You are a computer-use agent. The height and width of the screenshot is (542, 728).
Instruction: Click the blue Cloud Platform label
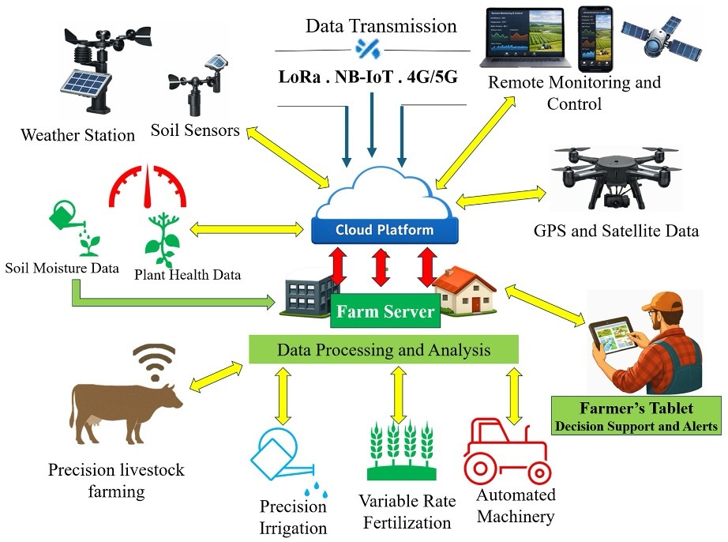click(385, 231)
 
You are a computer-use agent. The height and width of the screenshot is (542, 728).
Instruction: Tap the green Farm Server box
click(385, 311)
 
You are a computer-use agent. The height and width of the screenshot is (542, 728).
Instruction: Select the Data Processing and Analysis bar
click(384, 349)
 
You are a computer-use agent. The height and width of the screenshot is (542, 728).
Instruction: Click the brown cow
click(126, 412)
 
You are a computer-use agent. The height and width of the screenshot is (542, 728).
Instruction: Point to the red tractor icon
click(507, 452)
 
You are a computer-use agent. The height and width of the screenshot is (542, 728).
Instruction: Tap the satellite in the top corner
click(662, 40)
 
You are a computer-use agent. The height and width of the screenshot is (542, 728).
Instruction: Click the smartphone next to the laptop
click(595, 39)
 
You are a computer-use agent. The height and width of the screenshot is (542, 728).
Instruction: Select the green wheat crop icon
click(402, 450)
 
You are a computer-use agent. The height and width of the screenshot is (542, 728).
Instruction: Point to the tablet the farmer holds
click(612, 336)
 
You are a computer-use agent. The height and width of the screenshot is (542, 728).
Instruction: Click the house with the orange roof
click(464, 291)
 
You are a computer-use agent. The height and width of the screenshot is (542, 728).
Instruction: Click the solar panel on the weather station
click(86, 85)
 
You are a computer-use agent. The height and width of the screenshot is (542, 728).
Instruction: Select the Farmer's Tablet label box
click(636, 416)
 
